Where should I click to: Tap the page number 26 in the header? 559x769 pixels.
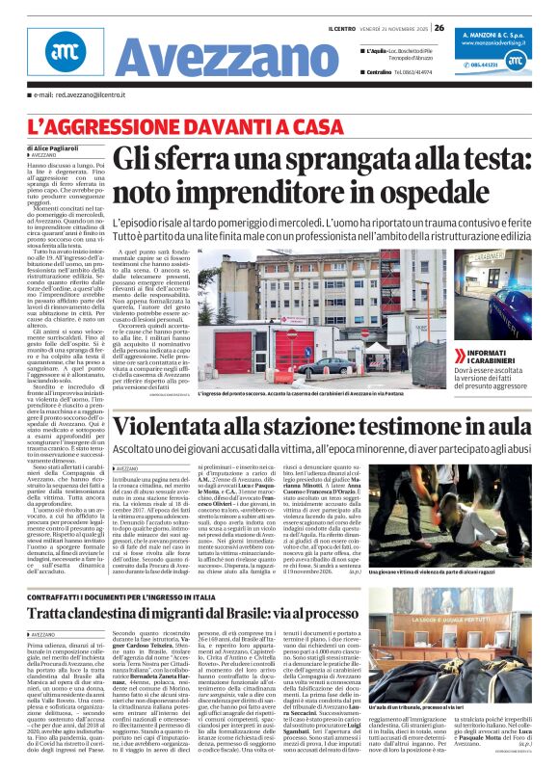coord(439,27)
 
